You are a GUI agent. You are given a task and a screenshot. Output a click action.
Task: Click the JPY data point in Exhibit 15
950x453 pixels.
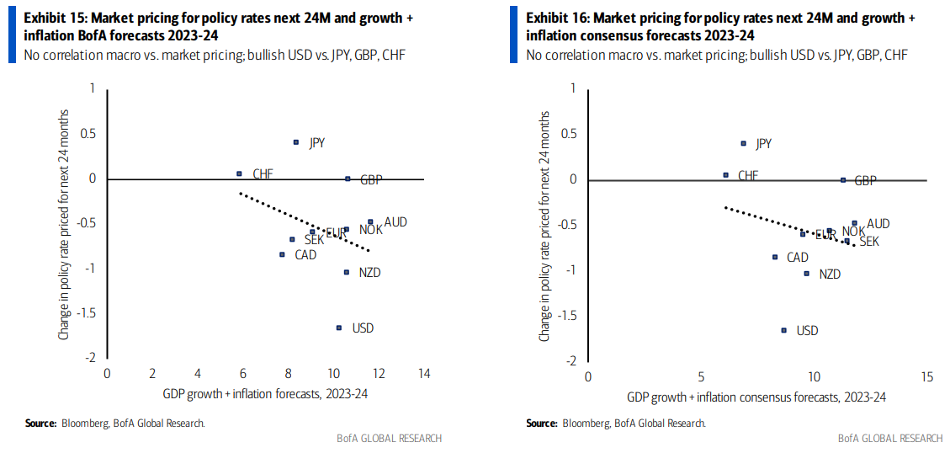(295, 142)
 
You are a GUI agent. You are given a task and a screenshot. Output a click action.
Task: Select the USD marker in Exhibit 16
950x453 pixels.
(783, 330)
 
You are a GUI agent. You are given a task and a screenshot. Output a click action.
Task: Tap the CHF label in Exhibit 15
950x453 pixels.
(263, 174)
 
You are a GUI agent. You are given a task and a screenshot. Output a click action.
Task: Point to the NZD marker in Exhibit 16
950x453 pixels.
(806, 273)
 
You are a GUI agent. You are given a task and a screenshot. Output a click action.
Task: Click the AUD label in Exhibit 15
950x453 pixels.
(395, 222)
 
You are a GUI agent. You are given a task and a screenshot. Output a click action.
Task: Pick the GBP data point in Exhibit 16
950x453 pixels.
(843, 179)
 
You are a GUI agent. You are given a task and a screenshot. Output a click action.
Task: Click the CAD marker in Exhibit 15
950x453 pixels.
(282, 254)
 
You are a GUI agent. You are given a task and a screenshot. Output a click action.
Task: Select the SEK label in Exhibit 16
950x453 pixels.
(868, 242)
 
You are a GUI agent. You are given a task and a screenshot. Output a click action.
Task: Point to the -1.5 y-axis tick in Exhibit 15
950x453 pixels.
(86, 312)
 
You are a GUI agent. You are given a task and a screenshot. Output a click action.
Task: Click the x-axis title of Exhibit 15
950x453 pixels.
(265, 393)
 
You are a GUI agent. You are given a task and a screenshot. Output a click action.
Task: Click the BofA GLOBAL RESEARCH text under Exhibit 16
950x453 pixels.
(890, 438)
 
